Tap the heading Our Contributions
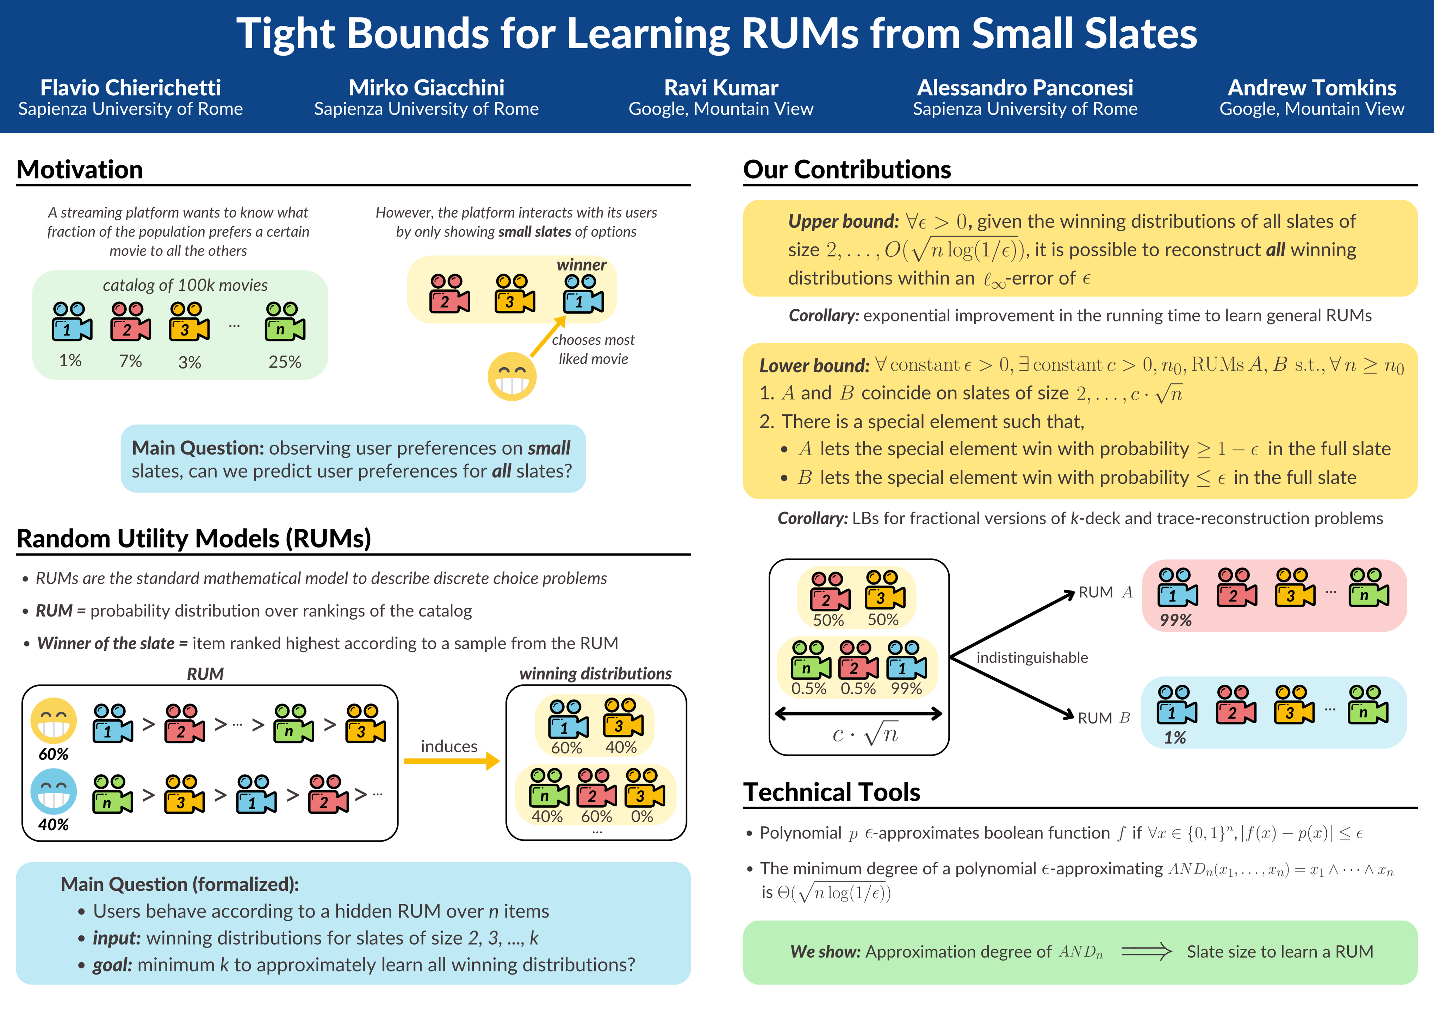pyautogui.click(x=846, y=169)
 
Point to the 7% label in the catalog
pyautogui.click(x=131, y=361)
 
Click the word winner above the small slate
pyautogui.click(x=581, y=265)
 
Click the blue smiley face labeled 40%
pyautogui.click(x=54, y=791)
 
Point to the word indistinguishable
pyautogui.click(x=1032, y=657)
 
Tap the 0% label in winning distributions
pyautogui.click(x=641, y=816)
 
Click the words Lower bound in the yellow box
pyautogui.click(x=814, y=365)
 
